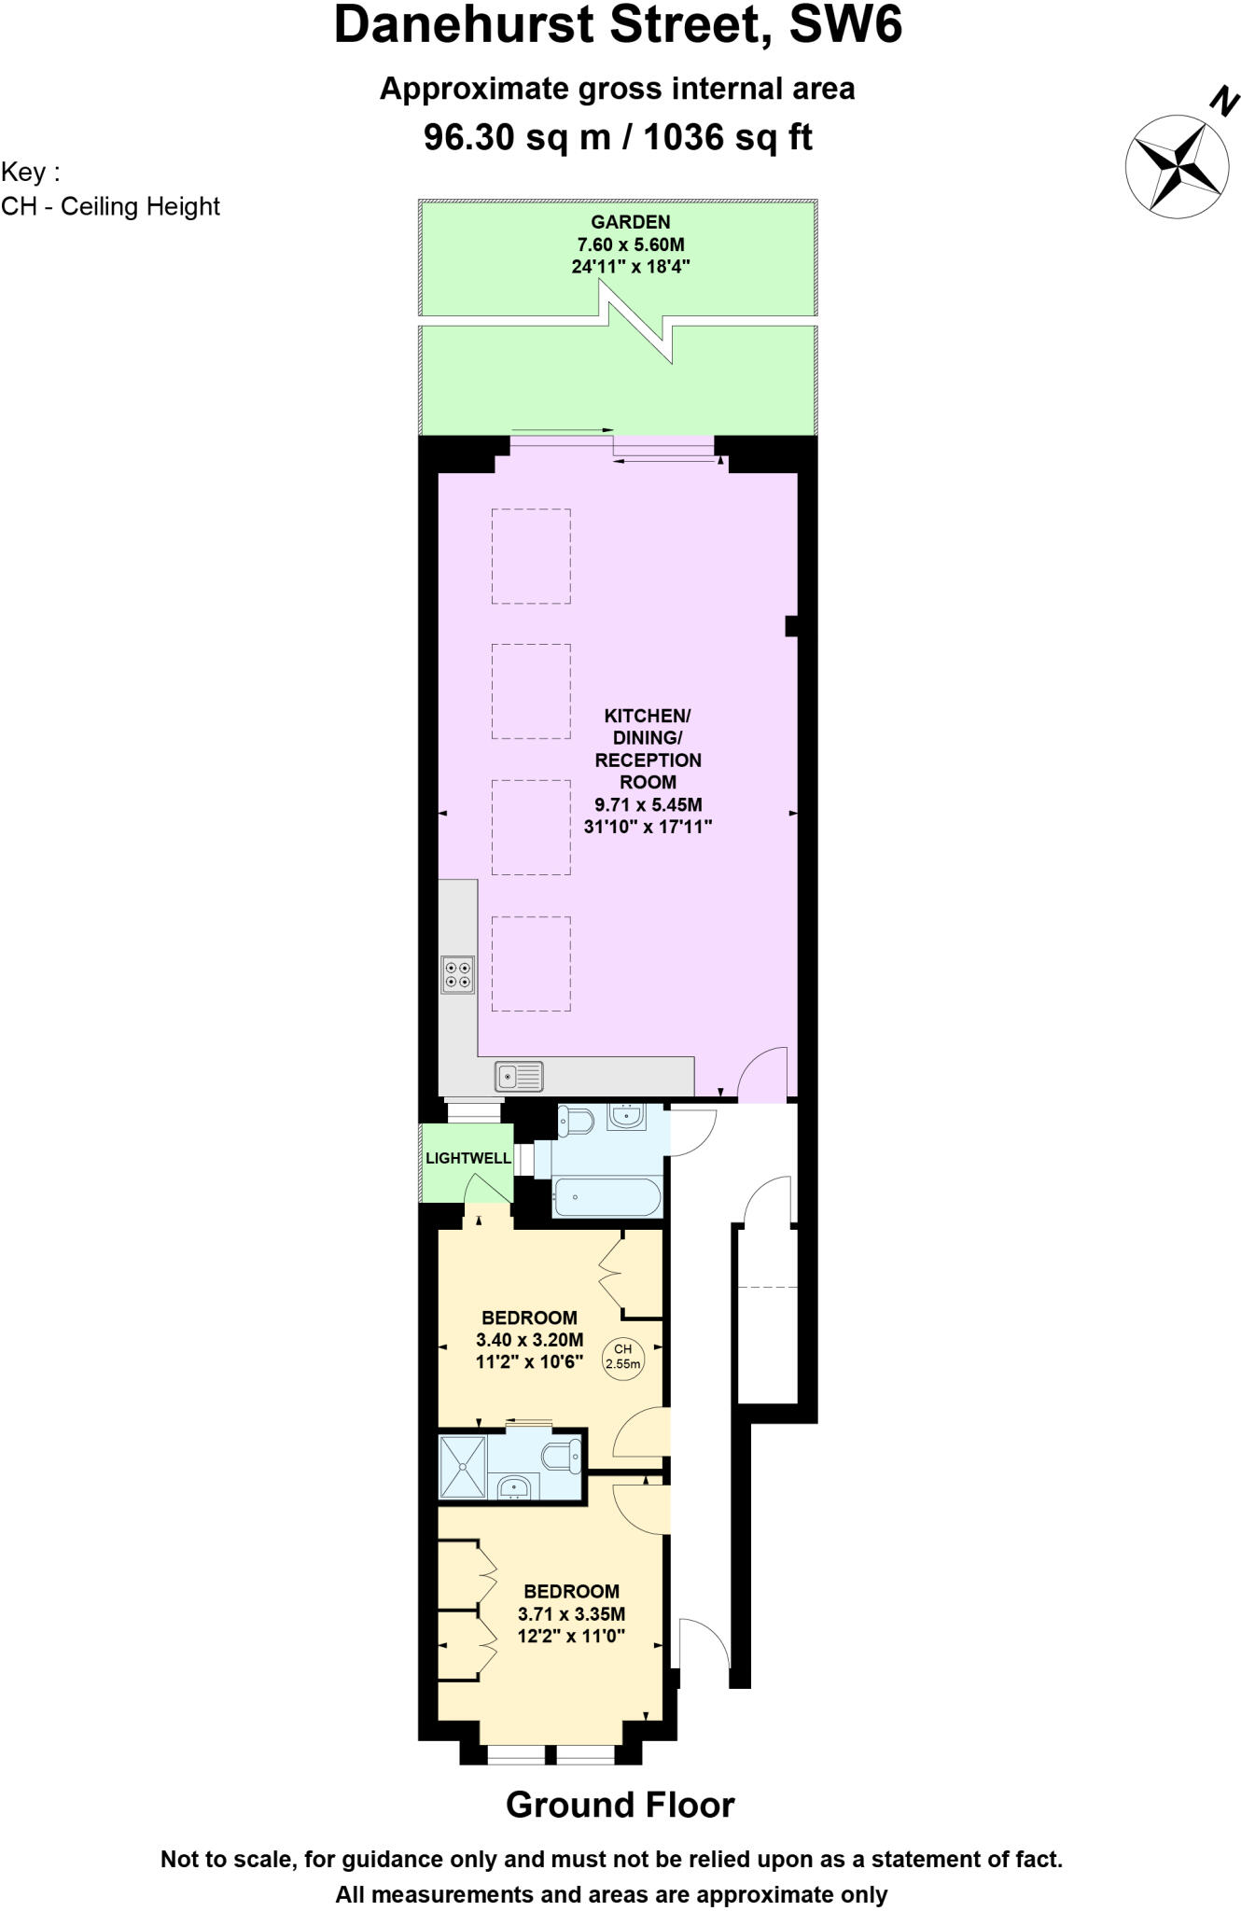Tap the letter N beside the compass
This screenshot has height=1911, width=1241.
(1223, 101)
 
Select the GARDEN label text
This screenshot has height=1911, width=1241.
(630, 222)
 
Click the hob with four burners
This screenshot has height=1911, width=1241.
(457, 974)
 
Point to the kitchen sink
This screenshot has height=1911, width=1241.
(519, 1076)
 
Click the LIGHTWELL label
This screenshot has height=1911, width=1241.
(467, 1158)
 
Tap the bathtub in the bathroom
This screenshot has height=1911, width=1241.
(607, 1195)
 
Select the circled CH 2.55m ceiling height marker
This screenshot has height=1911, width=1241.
(623, 1356)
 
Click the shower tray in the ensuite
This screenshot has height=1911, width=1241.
(463, 1467)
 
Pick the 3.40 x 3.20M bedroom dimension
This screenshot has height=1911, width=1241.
(529, 1340)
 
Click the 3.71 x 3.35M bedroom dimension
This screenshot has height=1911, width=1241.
(571, 1613)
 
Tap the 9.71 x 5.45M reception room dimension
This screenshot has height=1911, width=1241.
(648, 804)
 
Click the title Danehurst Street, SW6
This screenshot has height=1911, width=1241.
(618, 25)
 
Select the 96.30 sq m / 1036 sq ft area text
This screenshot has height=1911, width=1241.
(618, 137)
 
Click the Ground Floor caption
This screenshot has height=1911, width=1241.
(620, 1805)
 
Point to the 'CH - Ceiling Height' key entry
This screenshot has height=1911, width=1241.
(110, 206)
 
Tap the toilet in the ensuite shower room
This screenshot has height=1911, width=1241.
(565, 1455)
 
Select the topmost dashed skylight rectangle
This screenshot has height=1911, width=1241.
(531, 555)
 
